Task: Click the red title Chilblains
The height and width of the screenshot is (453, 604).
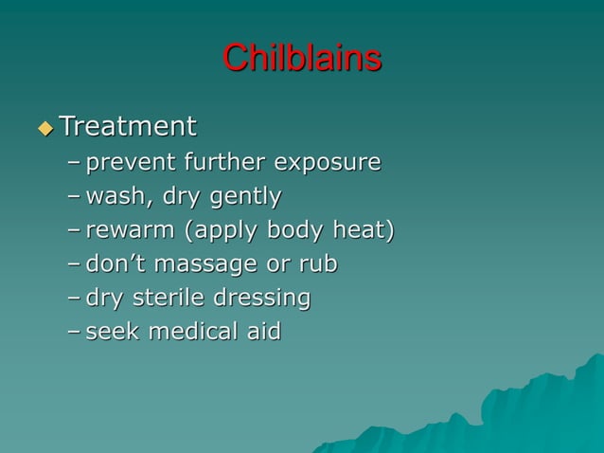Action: click(x=302, y=58)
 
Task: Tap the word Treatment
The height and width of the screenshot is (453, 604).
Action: click(x=128, y=125)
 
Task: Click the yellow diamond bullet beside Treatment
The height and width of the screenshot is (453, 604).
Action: click(x=44, y=127)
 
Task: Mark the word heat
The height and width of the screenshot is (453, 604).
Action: click(x=362, y=230)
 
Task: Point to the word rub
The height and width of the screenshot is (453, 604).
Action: click(x=317, y=264)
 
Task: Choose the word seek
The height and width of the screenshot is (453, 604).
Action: click(x=111, y=332)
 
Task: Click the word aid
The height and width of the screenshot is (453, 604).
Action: click(x=263, y=332)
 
